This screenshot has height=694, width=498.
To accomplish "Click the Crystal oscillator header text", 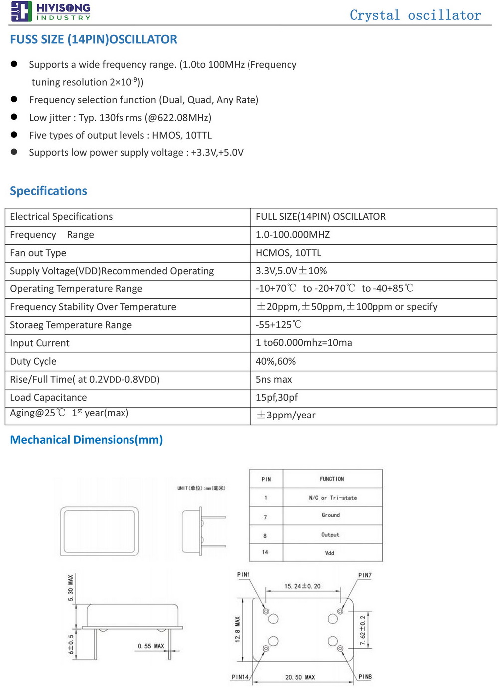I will tap(415, 15).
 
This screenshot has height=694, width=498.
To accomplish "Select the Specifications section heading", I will tap(48, 191).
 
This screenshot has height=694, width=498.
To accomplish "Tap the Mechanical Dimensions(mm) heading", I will tap(87, 440).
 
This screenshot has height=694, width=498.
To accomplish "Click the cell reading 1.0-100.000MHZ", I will tap(293, 235).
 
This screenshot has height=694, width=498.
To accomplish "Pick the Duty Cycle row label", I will tap(33, 361).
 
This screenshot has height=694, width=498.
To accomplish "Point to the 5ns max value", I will tap(274, 379).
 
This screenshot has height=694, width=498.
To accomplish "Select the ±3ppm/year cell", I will tap(286, 415).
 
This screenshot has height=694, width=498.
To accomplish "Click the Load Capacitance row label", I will tap(48, 397).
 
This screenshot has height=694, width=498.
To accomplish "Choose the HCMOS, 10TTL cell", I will tap(289, 253).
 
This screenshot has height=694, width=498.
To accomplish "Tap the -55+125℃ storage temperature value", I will tap(279, 325).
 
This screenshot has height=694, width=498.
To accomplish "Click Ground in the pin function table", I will tap(331, 515).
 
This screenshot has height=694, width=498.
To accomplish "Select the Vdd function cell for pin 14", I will tap(330, 553).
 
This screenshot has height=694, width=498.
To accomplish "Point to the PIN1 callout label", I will tap(244, 575).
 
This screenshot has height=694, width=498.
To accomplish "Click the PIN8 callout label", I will tap(365, 677).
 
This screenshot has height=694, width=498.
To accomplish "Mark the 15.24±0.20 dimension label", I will tap(302, 586).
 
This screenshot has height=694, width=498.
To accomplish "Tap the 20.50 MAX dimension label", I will tap(300, 677).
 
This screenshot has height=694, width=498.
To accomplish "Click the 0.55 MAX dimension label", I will tap(151, 646).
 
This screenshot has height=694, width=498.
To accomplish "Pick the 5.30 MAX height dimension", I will tap(71, 588).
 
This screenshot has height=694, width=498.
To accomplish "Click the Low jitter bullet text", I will tap(120, 118).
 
